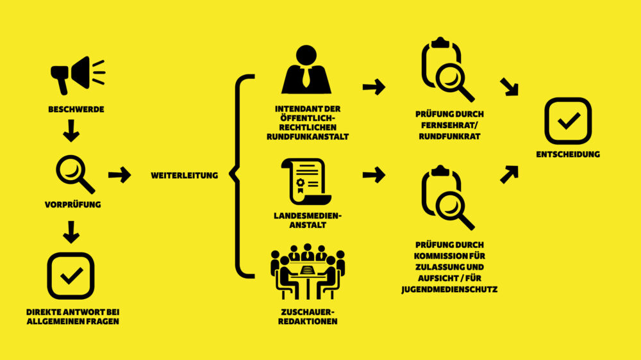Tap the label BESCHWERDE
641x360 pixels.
coord(76,110)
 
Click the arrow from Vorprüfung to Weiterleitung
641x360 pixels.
coord(119,175)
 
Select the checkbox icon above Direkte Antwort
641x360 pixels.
coord(71,276)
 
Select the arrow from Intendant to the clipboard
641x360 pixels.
coord(373,86)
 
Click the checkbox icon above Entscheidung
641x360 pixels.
coord(567,120)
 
